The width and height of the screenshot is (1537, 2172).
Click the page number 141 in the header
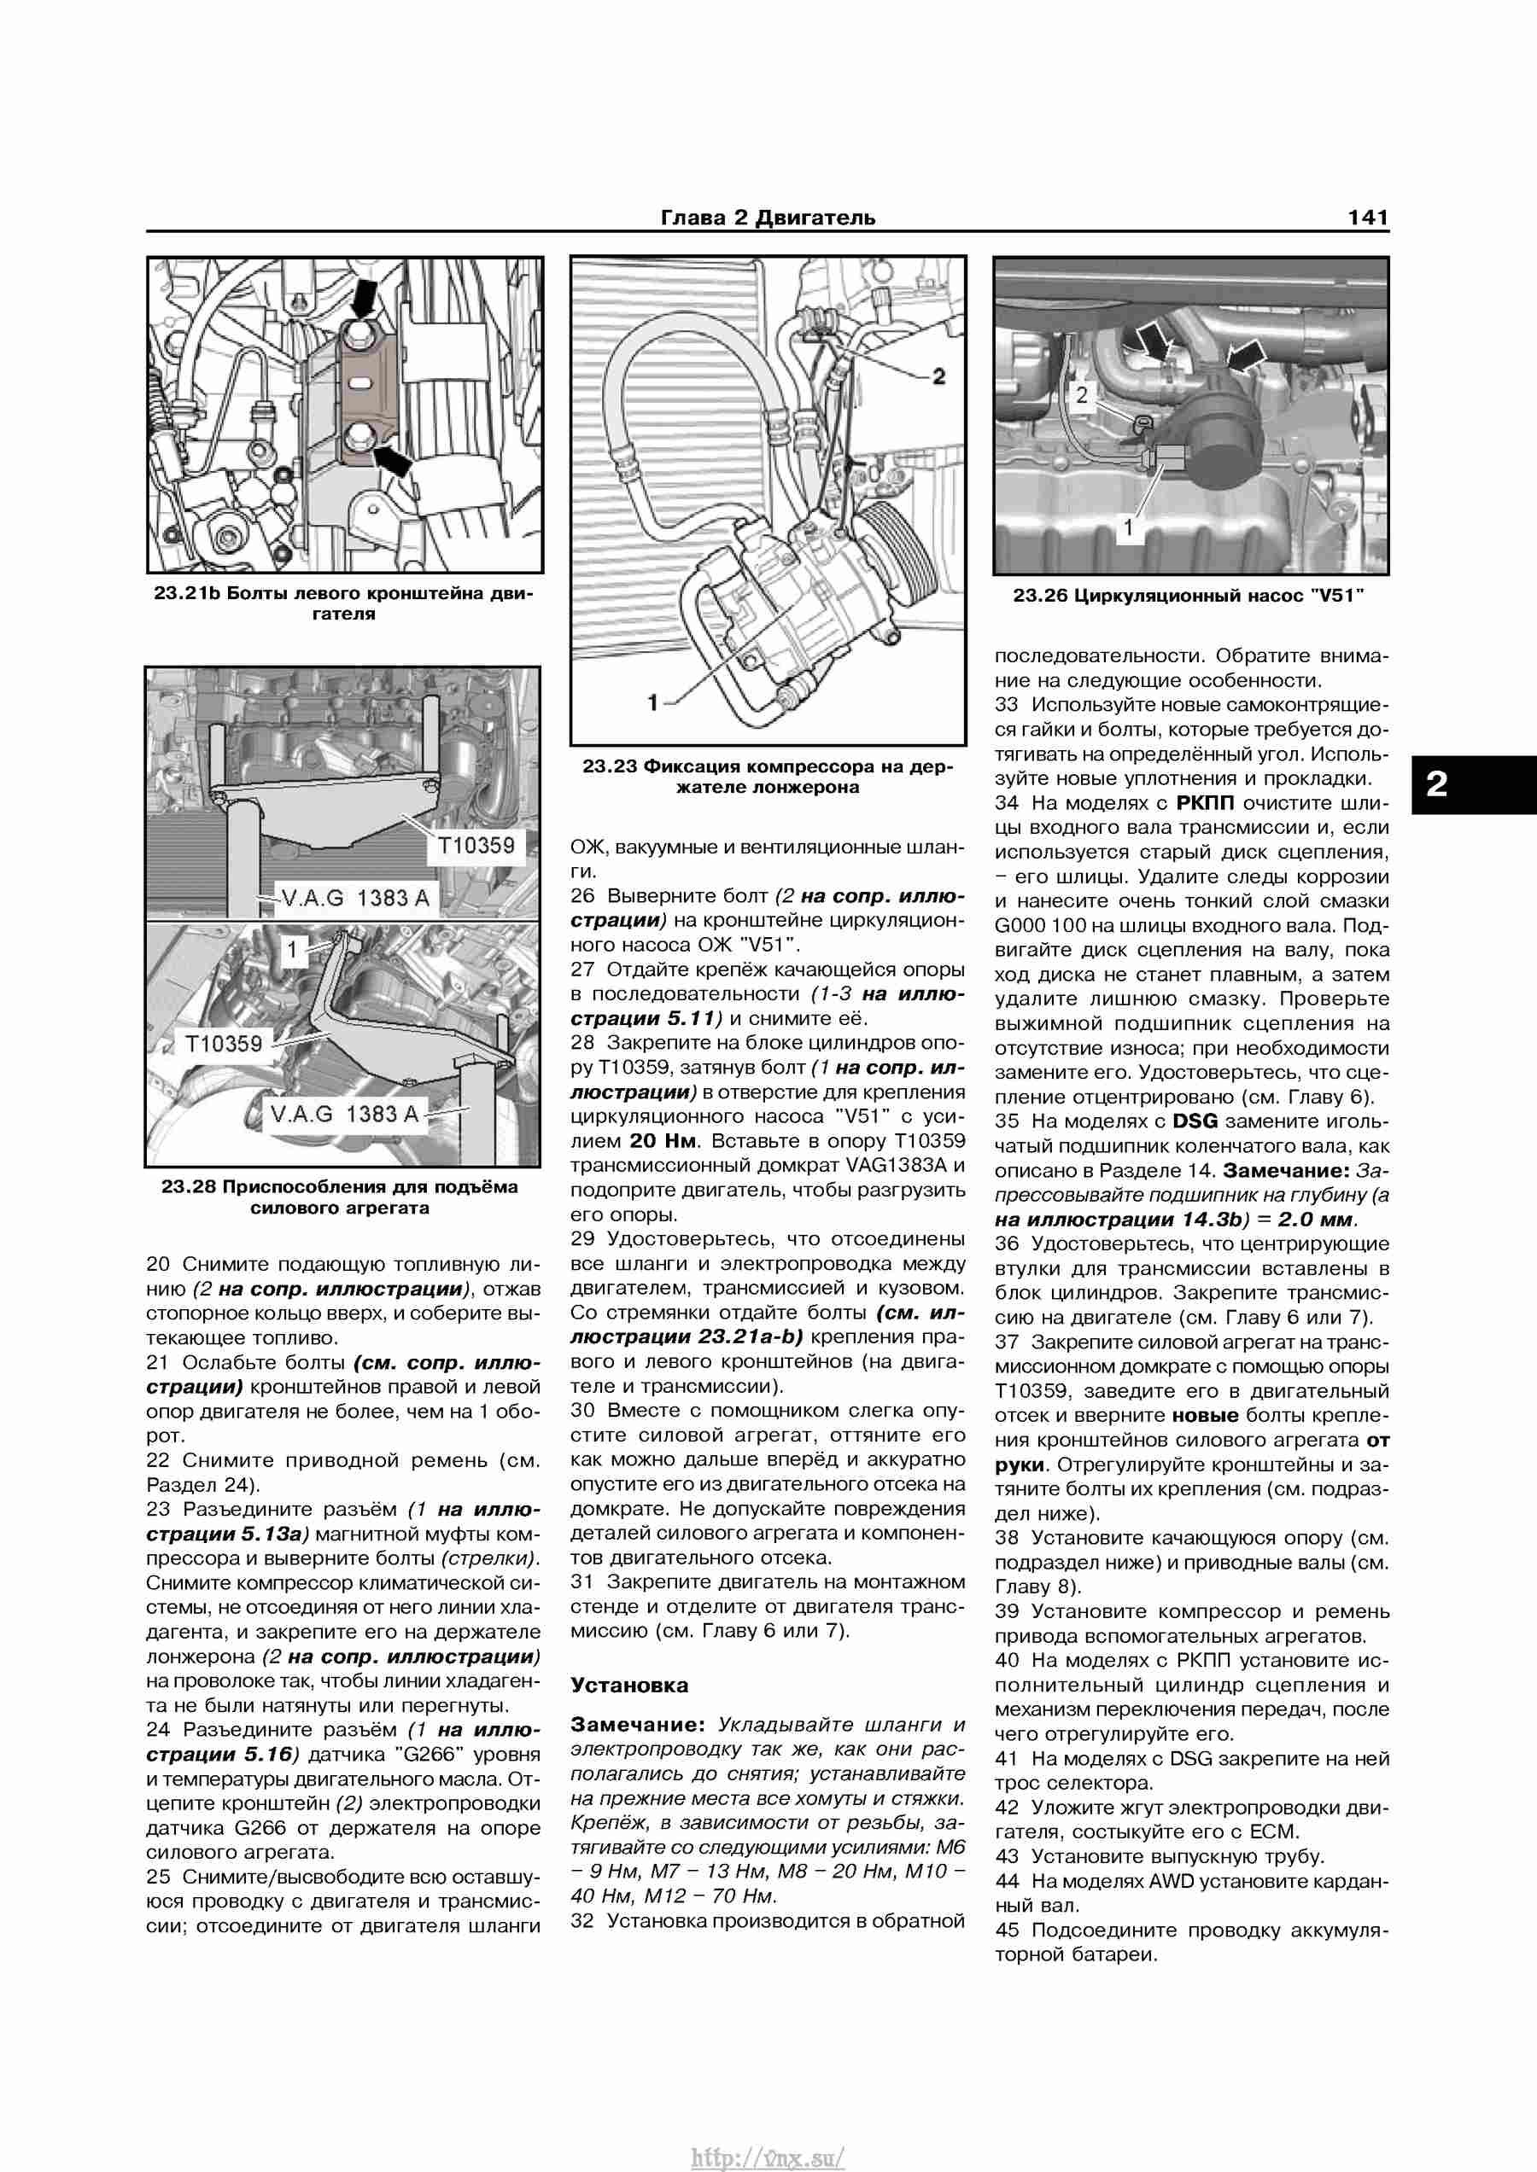click(x=1368, y=218)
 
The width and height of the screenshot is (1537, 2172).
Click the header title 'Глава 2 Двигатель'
click(x=768, y=218)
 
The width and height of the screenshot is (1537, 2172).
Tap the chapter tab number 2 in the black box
click(x=1437, y=784)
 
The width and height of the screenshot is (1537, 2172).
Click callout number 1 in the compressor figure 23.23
click(x=652, y=702)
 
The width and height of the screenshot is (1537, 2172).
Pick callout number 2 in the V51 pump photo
click(x=1082, y=395)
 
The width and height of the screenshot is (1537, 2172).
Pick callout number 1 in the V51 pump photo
click(x=1127, y=528)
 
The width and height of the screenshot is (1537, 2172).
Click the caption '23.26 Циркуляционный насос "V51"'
click(x=1189, y=596)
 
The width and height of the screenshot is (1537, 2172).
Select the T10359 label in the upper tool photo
click(x=476, y=845)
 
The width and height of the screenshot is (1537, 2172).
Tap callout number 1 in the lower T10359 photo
click(x=292, y=950)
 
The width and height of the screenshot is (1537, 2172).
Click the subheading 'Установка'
click(x=629, y=1685)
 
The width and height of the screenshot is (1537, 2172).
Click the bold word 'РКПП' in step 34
click(x=1205, y=803)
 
